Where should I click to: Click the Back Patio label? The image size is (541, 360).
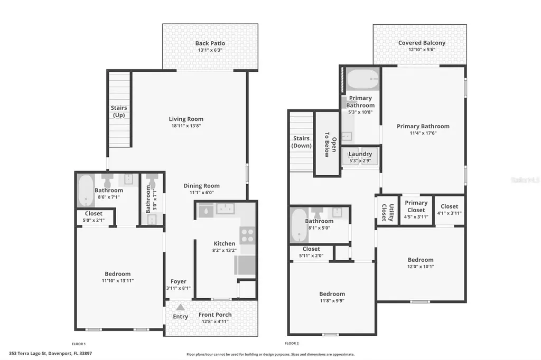click(x=210, y=43)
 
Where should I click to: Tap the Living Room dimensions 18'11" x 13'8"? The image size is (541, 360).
click(x=186, y=126)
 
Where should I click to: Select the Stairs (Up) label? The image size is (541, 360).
click(x=119, y=111)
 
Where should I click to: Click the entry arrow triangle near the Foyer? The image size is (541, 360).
click(x=180, y=307)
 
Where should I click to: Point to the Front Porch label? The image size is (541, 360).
click(x=215, y=315)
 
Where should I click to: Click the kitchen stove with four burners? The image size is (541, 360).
click(x=247, y=235)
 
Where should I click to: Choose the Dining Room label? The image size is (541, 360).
click(x=201, y=186)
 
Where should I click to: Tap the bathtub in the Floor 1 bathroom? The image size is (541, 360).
click(x=85, y=191)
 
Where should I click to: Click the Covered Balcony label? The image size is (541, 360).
click(x=422, y=43)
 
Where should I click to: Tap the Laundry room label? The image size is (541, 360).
click(x=360, y=154)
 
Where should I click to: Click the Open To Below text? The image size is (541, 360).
click(x=327, y=144)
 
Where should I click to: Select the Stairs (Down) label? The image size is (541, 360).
click(x=302, y=142)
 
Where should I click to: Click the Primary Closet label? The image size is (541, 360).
click(x=416, y=206)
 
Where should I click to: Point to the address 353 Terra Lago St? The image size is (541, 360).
click(x=51, y=353)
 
